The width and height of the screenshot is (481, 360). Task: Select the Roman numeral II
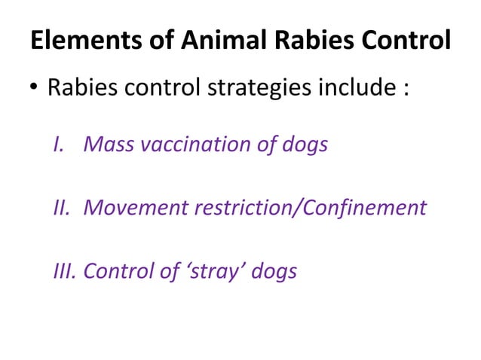(x=61, y=207)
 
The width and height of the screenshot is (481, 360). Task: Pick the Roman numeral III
(x=65, y=270)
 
